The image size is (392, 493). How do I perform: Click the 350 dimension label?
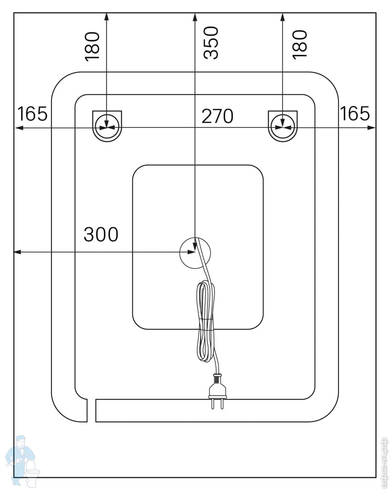[x=212, y=43]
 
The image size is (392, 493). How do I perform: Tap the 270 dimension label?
[x=217, y=116]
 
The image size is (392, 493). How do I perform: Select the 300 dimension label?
[x=101, y=234]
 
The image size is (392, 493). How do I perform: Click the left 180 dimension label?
[x=92, y=46]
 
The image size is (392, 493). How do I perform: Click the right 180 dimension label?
[x=300, y=44]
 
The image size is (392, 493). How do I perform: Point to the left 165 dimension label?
[x=32, y=114]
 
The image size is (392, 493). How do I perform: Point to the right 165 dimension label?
[x=355, y=114]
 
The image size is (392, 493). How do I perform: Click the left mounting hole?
[x=107, y=126]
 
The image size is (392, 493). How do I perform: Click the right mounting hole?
[x=283, y=125]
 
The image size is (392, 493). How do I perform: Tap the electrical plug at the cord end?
[x=218, y=389]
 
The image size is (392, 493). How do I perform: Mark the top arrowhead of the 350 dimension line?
[x=195, y=17]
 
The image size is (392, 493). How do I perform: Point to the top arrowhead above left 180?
[x=107, y=17]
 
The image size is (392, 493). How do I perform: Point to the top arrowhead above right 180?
[x=283, y=17]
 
